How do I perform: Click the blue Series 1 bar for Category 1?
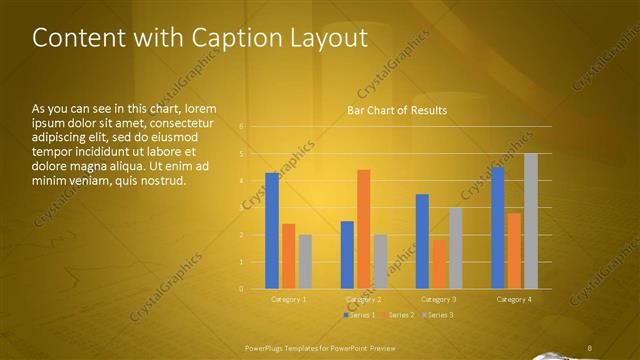coord(272,231)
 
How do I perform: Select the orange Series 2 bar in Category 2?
coord(363,229)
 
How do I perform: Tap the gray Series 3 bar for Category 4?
coord(531,221)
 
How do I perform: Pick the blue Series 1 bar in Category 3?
coord(422,241)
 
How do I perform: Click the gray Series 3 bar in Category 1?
coord(305,262)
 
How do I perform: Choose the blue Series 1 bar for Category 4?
coord(498,228)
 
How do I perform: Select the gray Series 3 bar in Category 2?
coord(380,262)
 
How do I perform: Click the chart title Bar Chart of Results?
coord(397,110)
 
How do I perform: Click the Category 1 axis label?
coord(289,299)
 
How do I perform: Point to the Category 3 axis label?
coord(438,299)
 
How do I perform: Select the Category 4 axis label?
coord(514,299)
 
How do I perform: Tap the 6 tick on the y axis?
coord(241,126)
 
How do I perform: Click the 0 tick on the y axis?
coord(241,289)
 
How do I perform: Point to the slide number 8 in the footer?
coord(590,347)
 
